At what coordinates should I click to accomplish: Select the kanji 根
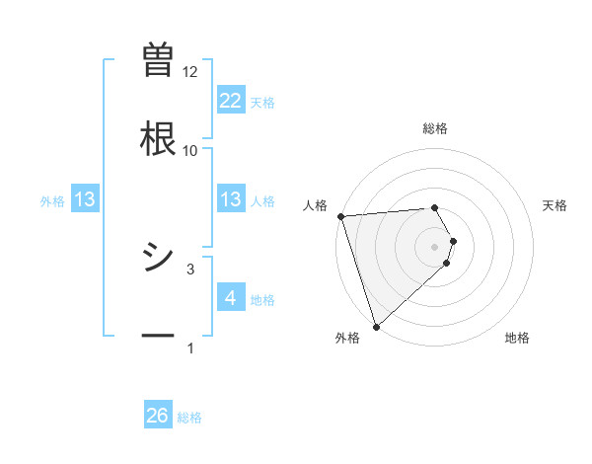[x=158, y=137]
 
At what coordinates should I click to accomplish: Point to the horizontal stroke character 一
[x=158, y=336]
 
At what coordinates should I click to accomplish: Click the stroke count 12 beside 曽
[x=190, y=72]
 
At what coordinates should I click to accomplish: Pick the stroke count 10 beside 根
[x=190, y=150]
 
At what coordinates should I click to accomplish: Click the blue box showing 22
[x=230, y=101]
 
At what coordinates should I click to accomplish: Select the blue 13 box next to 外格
[x=85, y=199]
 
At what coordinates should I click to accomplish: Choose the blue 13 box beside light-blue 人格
[x=230, y=199]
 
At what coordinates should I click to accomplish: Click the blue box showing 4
[x=230, y=298]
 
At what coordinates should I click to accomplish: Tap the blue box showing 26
[x=158, y=416]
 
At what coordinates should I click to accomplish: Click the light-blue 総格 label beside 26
[x=189, y=418]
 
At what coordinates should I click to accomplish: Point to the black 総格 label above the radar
[x=435, y=128]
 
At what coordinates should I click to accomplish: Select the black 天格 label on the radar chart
[x=555, y=205]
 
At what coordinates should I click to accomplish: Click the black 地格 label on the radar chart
[x=517, y=339]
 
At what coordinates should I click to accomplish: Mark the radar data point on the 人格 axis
[x=339, y=216]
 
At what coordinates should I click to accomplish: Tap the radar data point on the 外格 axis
[x=376, y=326]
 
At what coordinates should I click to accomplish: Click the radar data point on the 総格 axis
[x=435, y=207]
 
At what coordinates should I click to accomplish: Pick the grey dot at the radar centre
[x=435, y=246]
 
